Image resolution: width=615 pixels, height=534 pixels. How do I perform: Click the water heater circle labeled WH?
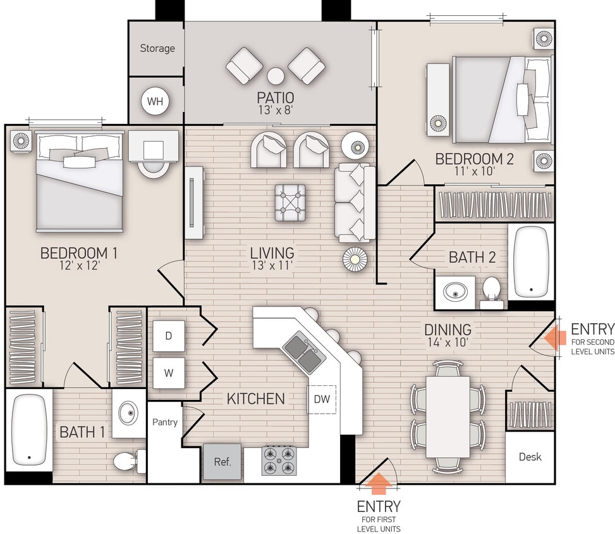pyautogui.click(x=155, y=101)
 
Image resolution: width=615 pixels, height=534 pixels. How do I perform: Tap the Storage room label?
pyautogui.click(x=157, y=48)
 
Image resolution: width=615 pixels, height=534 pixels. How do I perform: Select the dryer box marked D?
pyautogui.click(x=169, y=336)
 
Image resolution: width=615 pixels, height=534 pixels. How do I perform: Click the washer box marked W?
pyautogui.click(x=169, y=373)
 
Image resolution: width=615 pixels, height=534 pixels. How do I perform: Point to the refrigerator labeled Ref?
pyautogui.click(x=222, y=462)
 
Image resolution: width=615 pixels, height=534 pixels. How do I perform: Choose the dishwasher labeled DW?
pyautogui.click(x=322, y=399)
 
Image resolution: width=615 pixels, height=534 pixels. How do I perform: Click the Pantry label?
pyautogui.click(x=165, y=422)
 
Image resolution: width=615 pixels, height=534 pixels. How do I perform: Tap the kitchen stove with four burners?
pyautogui.click(x=279, y=461)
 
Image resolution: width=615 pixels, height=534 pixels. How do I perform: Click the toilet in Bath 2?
pyautogui.click(x=491, y=291)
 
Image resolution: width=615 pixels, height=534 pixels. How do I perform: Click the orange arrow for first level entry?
pyautogui.click(x=379, y=484)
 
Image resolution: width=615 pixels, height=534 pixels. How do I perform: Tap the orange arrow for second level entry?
pyautogui.click(x=555, y=337)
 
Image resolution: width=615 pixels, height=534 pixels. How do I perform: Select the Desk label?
pyautogui.click(x=530, y=457)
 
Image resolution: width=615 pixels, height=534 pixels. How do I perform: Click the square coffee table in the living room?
pyautogui.click(x=290, y=202)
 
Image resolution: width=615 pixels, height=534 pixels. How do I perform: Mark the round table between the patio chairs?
pyautogui.click(x=276, y=76)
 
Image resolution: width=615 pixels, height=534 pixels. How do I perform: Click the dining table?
pyautogui.click(x=448, y=416)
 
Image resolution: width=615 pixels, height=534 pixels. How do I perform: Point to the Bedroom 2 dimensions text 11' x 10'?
pyautogui.click(x=473, y=170)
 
